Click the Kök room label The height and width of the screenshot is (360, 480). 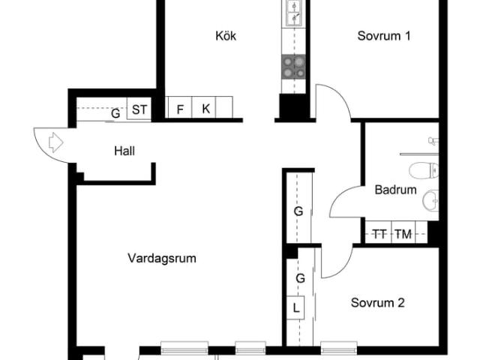[x=226, y=36]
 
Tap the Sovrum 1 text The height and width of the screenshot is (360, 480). [x=383, y=36]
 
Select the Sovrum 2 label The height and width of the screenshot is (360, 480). [x=378, y=303]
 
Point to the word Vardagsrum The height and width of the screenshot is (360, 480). [x=161, y=258]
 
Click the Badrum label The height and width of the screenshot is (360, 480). [x=395, y=190]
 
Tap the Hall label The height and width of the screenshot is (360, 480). [x=124, y=151]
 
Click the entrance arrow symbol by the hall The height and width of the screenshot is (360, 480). [x=55, y=142]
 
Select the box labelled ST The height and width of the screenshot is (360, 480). [x=139, y=110]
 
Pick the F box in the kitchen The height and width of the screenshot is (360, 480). [x=180, y=109]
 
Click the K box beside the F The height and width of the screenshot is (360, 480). [x=205, y=109]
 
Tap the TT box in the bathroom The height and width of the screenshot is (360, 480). [x=379, y=234]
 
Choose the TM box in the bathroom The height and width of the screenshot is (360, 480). [x=403, y=234]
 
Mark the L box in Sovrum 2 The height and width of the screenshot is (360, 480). [x=296, y=307]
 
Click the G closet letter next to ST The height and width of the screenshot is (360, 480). [x=115, y=114]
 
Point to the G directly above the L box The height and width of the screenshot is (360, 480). [x=300, y=277]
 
